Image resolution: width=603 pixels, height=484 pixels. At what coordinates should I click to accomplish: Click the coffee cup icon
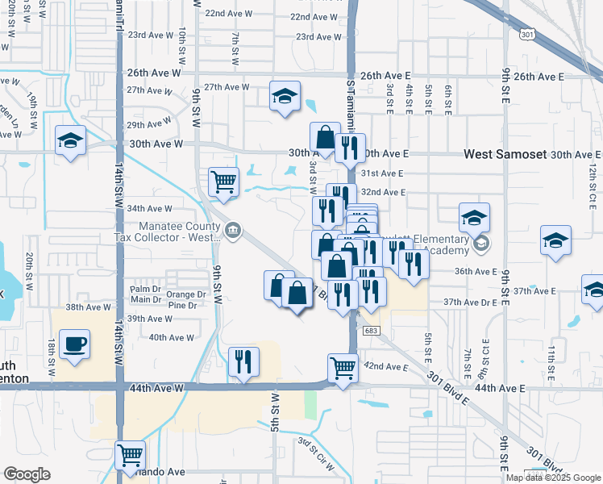click(74, 344)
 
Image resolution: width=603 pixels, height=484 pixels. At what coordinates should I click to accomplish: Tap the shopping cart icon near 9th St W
click(223, 181)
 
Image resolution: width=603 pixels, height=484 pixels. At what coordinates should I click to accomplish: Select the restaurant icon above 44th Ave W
click(243, 362)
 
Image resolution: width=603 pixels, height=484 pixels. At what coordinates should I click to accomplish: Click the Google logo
click(27, 474)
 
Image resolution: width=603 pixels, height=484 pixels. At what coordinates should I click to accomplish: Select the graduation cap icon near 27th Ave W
click(285, 97)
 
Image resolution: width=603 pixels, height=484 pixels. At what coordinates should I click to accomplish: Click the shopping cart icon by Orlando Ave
click(130, 456)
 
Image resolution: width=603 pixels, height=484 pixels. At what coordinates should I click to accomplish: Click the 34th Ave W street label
click(149, 209)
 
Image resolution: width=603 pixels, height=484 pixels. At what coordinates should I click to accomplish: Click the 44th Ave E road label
click(500, 389)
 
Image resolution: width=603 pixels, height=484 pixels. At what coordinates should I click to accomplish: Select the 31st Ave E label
click(381, 173)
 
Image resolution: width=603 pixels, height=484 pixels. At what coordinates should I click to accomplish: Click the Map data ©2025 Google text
click(553, 478)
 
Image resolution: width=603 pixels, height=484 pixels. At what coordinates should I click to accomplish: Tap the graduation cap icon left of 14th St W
click(70, 140)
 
